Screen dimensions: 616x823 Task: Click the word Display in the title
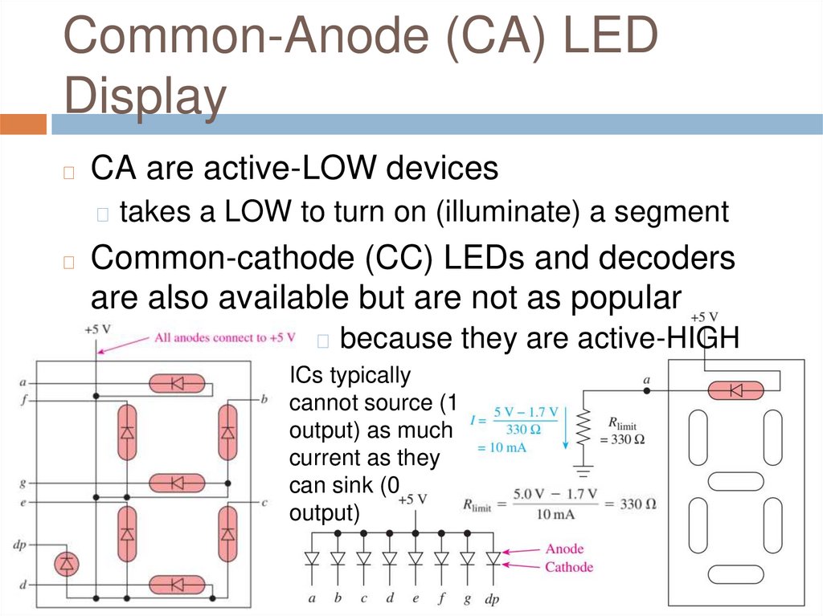point(145,96)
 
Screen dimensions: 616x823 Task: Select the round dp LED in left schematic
point(67,564)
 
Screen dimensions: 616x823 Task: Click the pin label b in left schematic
point(264,399)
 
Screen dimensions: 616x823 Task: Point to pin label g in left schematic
point(23,483)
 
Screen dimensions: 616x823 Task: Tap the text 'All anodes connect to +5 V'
point(225,337)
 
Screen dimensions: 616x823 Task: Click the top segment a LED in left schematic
point(177,384)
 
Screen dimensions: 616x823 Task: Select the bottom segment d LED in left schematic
point(177,585)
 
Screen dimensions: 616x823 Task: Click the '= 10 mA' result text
point(502,447)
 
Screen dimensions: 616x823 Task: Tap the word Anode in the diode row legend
point(564,549)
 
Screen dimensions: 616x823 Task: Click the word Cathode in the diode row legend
point(569,567)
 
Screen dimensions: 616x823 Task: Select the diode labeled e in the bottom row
point(415,558)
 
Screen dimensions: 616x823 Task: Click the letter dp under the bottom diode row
point(491,598)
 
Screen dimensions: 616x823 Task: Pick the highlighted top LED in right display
point(735,390)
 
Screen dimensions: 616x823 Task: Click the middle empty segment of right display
point(735,481)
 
